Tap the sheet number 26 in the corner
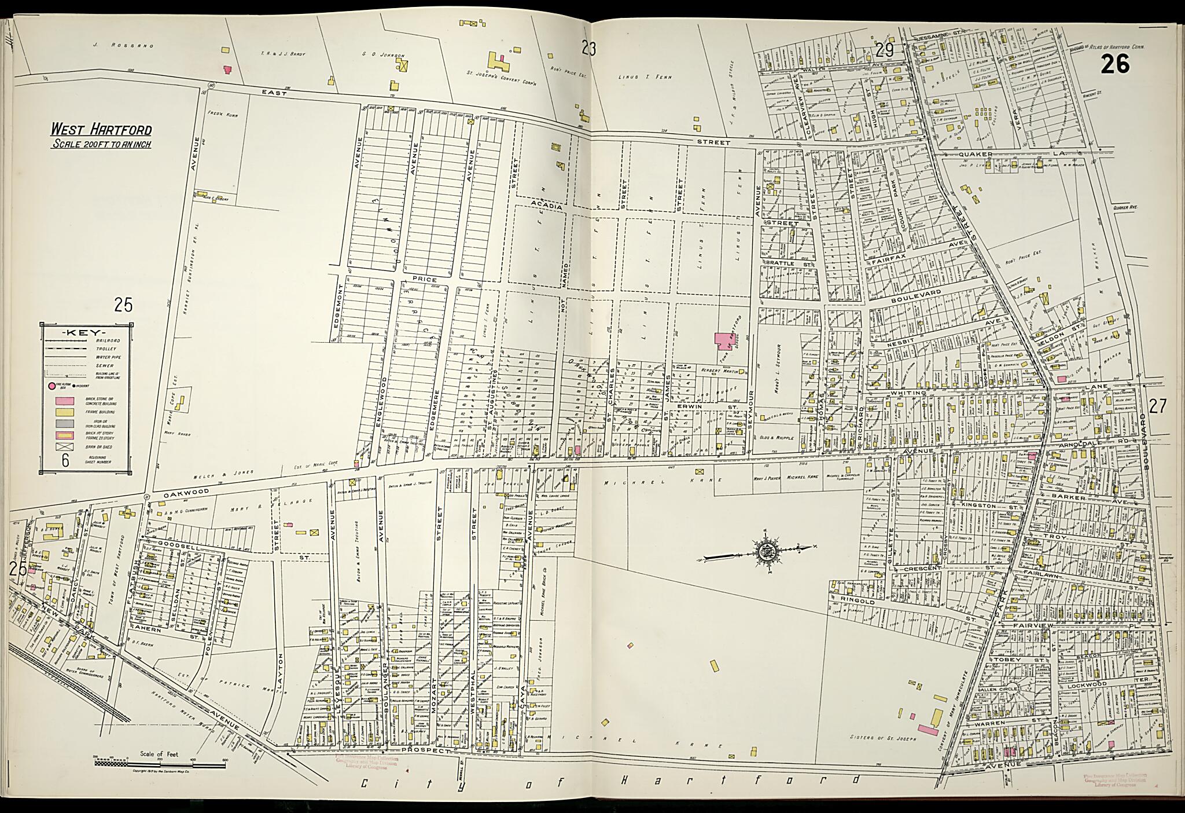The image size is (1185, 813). pyautogui.click(x=1114, y=64)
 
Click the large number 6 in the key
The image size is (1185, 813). pyautogui.click(x=65, y=460)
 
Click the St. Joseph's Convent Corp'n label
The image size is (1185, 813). pyautogui.click(x=502, y=74)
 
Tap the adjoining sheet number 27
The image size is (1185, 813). pyautogui.click(x=1157, y=407)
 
